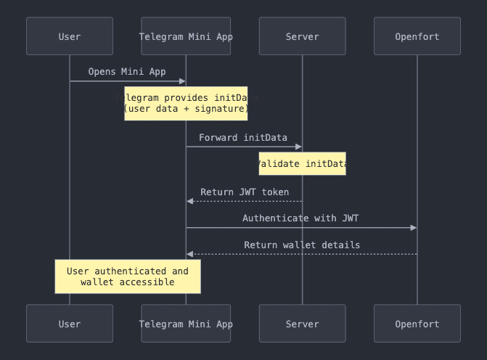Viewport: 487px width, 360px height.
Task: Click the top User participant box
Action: click(x=70, y=36)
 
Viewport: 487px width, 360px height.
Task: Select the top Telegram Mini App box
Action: click(x=186, y=36)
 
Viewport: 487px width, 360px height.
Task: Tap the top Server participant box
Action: click(x=302, y=36)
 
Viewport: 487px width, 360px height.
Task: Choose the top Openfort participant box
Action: click(x=417, y=36)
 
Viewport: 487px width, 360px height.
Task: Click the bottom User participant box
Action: click(x=70, y=324)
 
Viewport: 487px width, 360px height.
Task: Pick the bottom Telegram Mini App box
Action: click(x=186, y=324)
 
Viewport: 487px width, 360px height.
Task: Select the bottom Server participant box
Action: click(x=302, y=324)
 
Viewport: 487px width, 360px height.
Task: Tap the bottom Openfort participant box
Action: click(x=417, y=324)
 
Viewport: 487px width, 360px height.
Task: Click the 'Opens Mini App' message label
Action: click(x=127, y=71)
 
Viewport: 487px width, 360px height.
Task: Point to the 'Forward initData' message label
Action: click(x=243, y=137)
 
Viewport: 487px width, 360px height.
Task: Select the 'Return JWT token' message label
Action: click(x=245, y=192)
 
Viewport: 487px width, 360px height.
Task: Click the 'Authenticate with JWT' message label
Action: click(x=300, y=218)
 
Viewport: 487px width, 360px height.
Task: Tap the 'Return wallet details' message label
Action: click(x=302, y=245)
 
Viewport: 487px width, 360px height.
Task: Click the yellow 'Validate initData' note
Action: click(x=302, y=164)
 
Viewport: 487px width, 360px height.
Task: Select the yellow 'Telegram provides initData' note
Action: click(x=186, y=103)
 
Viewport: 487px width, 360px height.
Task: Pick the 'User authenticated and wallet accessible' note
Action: click(x=128, y=277)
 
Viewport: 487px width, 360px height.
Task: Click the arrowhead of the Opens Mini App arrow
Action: click(x=182, y=81)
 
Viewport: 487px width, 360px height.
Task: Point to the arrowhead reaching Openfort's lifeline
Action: click(x=414, y=228)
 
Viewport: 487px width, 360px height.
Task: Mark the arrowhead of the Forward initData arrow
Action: click(x=298, y=147)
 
